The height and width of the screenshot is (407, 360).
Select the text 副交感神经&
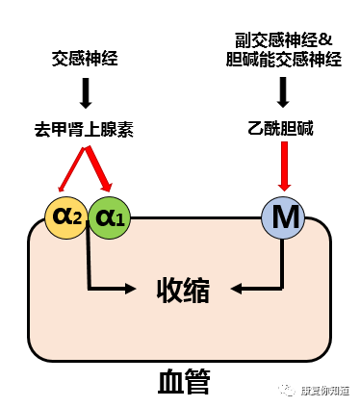(x=283, y=41)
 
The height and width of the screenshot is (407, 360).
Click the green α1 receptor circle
(x=108, y=217)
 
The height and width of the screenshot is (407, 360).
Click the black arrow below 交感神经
(x=86, y=92)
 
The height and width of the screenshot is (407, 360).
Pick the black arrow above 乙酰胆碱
(x=283, y=92)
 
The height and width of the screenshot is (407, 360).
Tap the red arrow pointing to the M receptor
(x=283, y=169)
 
